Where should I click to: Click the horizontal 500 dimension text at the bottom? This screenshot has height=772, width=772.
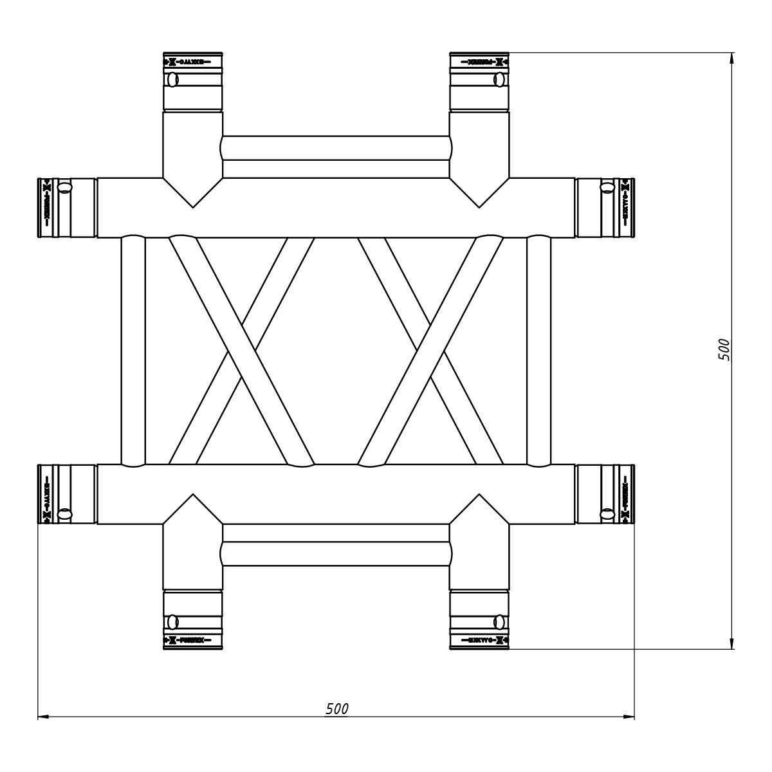336,708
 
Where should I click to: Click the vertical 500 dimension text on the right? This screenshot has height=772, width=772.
724,349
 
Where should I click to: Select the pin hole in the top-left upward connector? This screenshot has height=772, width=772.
172,80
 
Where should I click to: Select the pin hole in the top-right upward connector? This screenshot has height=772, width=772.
499,80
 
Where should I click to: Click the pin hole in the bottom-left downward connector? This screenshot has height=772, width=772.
172,621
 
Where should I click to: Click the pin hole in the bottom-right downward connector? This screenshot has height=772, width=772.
499,621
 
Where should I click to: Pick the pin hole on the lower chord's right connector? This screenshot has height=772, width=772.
606,513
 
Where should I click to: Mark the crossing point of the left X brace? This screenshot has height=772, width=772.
241,351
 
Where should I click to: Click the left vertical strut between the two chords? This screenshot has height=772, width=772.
133,351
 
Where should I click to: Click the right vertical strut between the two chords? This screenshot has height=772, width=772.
538,351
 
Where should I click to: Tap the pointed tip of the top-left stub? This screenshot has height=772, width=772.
192,207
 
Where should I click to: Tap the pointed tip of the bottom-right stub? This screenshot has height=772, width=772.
479,495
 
